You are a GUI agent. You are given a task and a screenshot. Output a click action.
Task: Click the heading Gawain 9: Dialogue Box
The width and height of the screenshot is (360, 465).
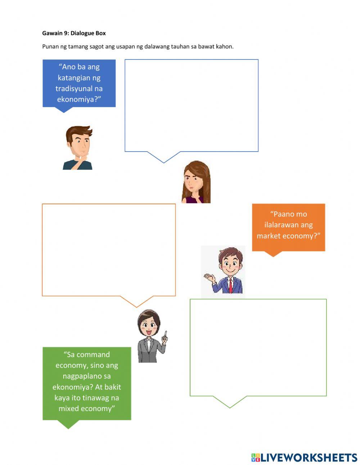(x=74, y=33)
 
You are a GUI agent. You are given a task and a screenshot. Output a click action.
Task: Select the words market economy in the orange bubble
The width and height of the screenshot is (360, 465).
(x=288, y=236)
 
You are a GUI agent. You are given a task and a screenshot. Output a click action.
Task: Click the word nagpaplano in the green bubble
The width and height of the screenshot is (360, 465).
(x=87, y=376)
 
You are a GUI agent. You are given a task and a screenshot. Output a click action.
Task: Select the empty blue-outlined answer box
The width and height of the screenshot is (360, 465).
(x=191, y=105)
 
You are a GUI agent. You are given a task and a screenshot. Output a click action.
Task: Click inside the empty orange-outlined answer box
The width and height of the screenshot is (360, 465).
(x=109, y=250)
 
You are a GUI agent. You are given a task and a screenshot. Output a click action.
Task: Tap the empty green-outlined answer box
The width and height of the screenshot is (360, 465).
(x=258, y=347)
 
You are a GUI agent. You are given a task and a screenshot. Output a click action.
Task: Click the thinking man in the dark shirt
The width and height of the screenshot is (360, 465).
(x=78, y=148)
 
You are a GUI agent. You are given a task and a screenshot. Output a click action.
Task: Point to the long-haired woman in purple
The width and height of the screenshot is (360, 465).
(x=196, y=182)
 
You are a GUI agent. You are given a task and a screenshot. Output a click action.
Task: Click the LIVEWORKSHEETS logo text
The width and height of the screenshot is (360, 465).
(x=309, y=457)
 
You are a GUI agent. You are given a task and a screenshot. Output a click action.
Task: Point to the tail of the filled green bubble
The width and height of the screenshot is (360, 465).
(x=68, y=424)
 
